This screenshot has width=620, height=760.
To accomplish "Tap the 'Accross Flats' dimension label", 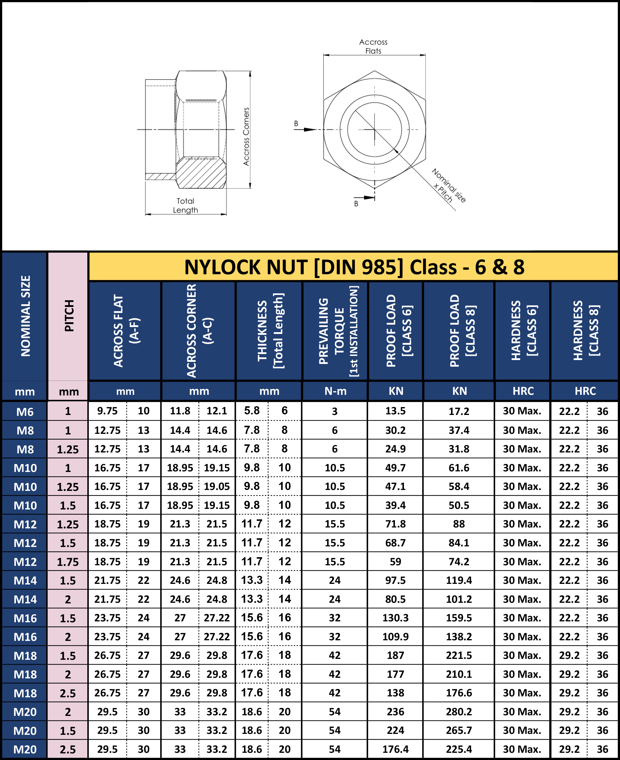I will coord(373,47).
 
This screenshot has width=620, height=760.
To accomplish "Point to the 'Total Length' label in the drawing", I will coord(185,206).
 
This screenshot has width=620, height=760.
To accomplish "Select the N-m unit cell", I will coord(335,391).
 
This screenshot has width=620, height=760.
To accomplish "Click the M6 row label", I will coord(25,412).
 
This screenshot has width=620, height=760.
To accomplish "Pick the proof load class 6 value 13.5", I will coord(395,411).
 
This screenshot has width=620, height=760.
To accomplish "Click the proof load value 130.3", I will coord(395,618).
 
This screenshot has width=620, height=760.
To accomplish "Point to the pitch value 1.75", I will coord(68,562).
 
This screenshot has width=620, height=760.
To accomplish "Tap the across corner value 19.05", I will coord(217,486).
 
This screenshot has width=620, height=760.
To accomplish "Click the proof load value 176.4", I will coord(395,749).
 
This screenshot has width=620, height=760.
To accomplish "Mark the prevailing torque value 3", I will coord(335,411).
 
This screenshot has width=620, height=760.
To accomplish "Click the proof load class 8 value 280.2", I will coord(459,712).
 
